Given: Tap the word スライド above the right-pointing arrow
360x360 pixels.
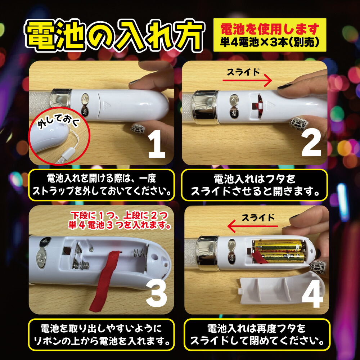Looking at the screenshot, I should (x=243, y=72).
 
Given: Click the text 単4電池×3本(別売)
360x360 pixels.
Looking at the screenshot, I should (x=269, y=42).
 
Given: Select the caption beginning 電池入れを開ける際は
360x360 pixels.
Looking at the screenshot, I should (x=102, y=185).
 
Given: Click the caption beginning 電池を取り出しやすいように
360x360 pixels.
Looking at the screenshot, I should (x=102, y=334).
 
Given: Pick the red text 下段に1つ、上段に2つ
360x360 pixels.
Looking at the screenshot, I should (x=119, y=216).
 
